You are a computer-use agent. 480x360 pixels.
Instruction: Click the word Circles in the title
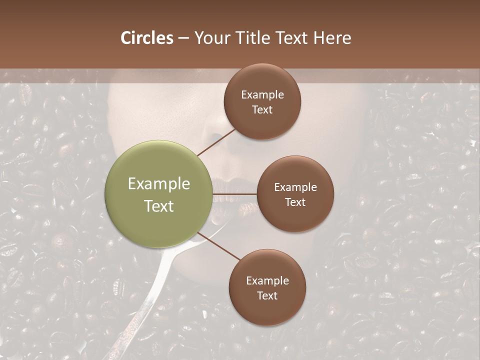pos(147,38)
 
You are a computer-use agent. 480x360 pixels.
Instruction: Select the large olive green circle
pos(158,194)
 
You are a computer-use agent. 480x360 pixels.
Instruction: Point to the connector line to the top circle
pos(216,142)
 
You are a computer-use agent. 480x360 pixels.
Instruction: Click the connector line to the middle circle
pos(235,194)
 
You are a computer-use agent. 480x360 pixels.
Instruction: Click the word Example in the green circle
pos(158,184)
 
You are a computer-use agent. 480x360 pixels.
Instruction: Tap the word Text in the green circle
pos(158,206)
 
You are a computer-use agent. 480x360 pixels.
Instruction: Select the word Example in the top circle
pos(262,95)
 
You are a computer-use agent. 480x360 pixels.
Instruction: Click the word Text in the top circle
pos(262,109)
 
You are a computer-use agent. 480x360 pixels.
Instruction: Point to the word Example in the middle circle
pos(295,187)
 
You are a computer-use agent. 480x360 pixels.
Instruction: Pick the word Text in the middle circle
pos(295,202)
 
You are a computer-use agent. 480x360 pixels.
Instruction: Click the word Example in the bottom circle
pos(267,281)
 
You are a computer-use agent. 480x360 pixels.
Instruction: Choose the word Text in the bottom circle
pos(267,295)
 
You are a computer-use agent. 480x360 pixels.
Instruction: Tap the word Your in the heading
pos(210,38)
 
